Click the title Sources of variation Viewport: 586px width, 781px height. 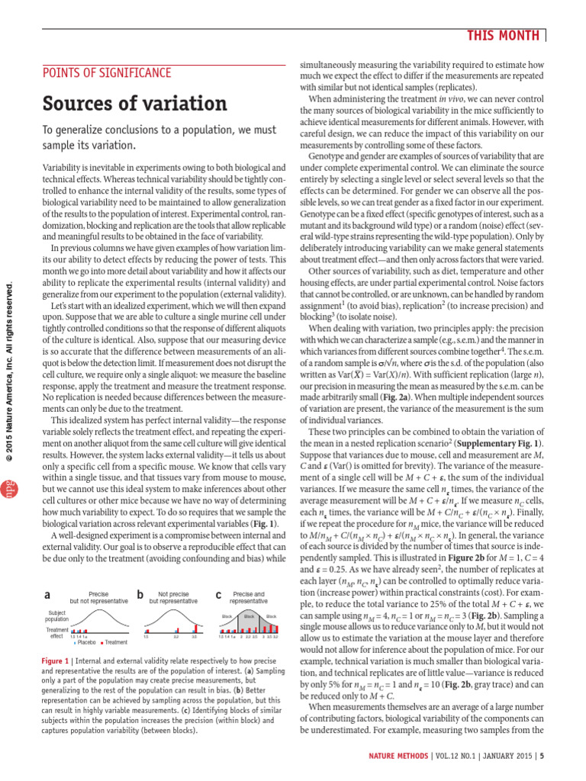(x=134, y=103)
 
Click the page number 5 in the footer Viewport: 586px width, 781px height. (x=542, y=757)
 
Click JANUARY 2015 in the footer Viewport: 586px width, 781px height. (x=504, y=757)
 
